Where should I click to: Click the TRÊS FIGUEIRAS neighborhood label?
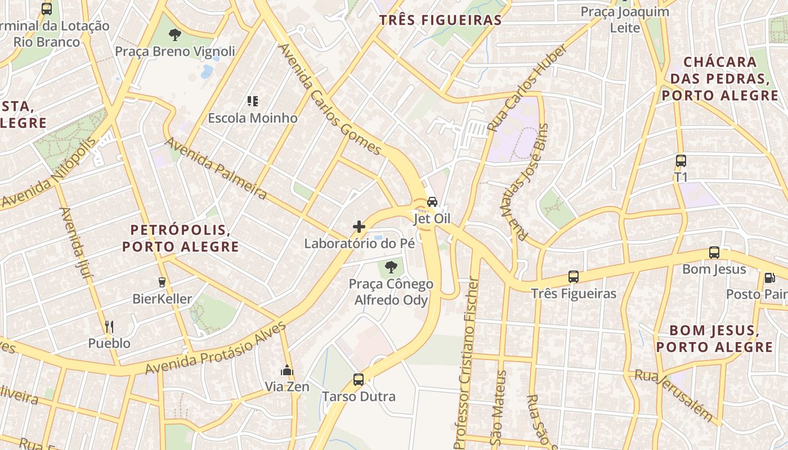pos(440,20)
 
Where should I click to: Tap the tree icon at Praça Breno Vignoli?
pos(175,34)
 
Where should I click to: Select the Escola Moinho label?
pos(253,118)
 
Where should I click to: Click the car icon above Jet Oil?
pos(432,202)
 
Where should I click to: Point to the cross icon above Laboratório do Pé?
pos(359,227)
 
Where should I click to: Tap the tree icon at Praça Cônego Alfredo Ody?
pos(391,267)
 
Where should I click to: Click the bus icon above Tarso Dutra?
pos(359,380)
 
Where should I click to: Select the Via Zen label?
pos(287,387)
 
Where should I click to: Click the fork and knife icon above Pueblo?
pos(109,326)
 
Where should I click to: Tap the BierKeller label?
pos(162,299)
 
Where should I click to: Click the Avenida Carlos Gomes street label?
pos(330,100)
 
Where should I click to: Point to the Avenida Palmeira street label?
pos(216,169)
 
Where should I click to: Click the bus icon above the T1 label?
pos(681,161)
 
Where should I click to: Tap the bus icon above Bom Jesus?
pos(714,253)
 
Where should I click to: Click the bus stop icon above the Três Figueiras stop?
pos(574,277)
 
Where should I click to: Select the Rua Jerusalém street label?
pos(674,396)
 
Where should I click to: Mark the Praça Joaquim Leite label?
pos(625,19)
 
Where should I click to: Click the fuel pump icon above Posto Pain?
pos(769,277)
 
